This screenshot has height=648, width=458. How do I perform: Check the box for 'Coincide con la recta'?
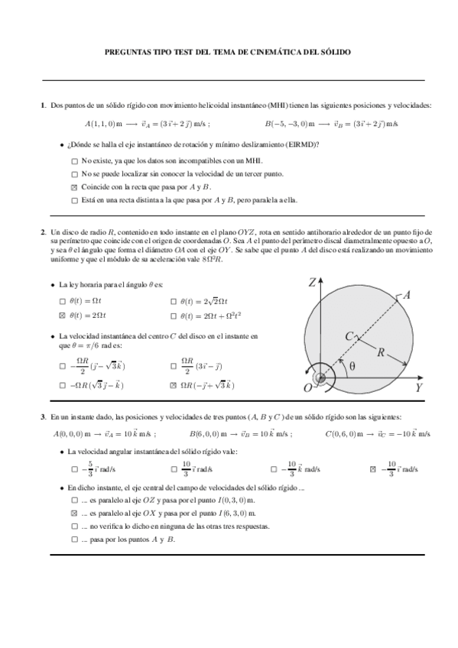(x=73, y=187)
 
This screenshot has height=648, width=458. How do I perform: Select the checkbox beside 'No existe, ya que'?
(x=73, y=161)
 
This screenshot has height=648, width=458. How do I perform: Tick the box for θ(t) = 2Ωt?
(x=63, y=315)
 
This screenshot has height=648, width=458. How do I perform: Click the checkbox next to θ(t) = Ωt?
(x=63, y=301)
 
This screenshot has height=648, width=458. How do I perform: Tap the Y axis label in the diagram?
(x=419, y=387)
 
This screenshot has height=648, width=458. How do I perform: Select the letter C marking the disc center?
(x=349, y=335)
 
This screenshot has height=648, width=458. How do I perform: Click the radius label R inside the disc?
(x=380, y=352)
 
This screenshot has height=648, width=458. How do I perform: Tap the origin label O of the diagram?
(x=307, y=388)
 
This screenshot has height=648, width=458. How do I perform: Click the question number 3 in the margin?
(x=44, y=416)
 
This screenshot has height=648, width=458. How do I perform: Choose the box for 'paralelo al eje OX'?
(x=74, y=514)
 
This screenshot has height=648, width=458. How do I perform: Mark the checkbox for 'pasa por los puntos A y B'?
(x=74, y=539)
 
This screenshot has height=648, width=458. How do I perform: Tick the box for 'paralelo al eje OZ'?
(x=74, y=501)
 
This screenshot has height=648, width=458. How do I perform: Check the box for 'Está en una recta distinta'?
(x=73, y=200)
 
